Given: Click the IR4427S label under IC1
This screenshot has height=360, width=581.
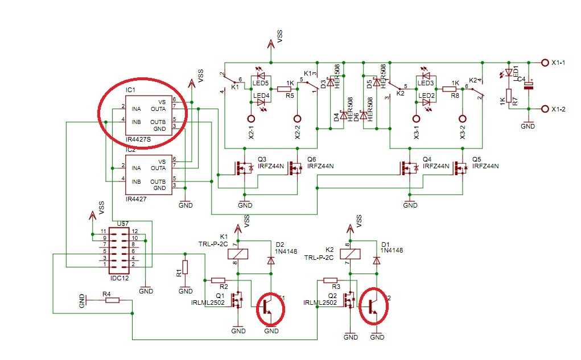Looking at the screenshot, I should click(x=138, y=139).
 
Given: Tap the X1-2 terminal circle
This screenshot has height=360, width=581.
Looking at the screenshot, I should click(x=545, y=109).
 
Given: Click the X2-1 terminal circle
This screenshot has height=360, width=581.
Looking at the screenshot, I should click(x=251, y=119).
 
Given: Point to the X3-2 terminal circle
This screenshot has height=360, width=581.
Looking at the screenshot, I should click(x=463, y=119).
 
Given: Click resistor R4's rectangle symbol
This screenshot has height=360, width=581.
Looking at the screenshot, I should click(x=112, y=300).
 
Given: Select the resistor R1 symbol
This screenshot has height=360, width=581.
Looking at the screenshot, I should click(x=183, y=268).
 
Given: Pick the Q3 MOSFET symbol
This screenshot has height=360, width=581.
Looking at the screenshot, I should click(x=244, y=168).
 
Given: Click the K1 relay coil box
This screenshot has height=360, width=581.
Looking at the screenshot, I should click(x=241, y=254).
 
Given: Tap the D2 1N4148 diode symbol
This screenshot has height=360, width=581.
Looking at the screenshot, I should click(x=271, y=260).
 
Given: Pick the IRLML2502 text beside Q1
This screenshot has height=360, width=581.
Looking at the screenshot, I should click(x=207, y=303).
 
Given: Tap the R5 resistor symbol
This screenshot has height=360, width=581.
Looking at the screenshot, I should click(x=283, y=89).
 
